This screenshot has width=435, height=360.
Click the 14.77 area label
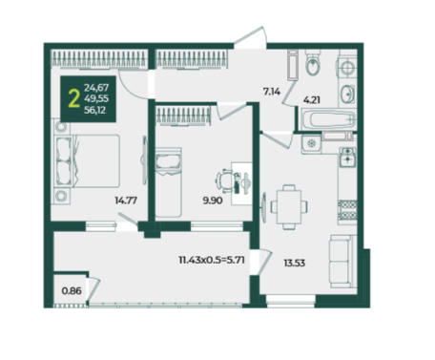[126, 201]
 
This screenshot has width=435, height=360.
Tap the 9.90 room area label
[213, 201]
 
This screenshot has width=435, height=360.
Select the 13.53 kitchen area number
[295, 263]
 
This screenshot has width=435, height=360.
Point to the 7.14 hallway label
[272, 92]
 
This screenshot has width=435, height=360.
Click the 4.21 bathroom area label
[312, 100]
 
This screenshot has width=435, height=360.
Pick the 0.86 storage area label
[72, 291]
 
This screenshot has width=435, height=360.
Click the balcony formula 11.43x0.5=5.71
[212, 260]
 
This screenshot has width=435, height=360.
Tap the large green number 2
[73, 99]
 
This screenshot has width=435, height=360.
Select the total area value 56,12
[94, 110]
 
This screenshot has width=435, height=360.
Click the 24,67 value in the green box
[96, 87]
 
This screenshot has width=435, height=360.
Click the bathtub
[327, 119]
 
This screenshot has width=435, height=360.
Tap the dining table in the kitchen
[289, 207]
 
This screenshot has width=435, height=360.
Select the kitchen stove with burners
[347, 210]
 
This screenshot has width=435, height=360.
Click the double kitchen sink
[347, 158]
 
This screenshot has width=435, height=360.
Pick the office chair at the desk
[225, 180]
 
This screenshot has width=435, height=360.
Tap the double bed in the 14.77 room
[88, 161]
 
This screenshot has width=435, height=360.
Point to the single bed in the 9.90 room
[168, 182]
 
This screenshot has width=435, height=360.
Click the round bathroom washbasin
[346, 94]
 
